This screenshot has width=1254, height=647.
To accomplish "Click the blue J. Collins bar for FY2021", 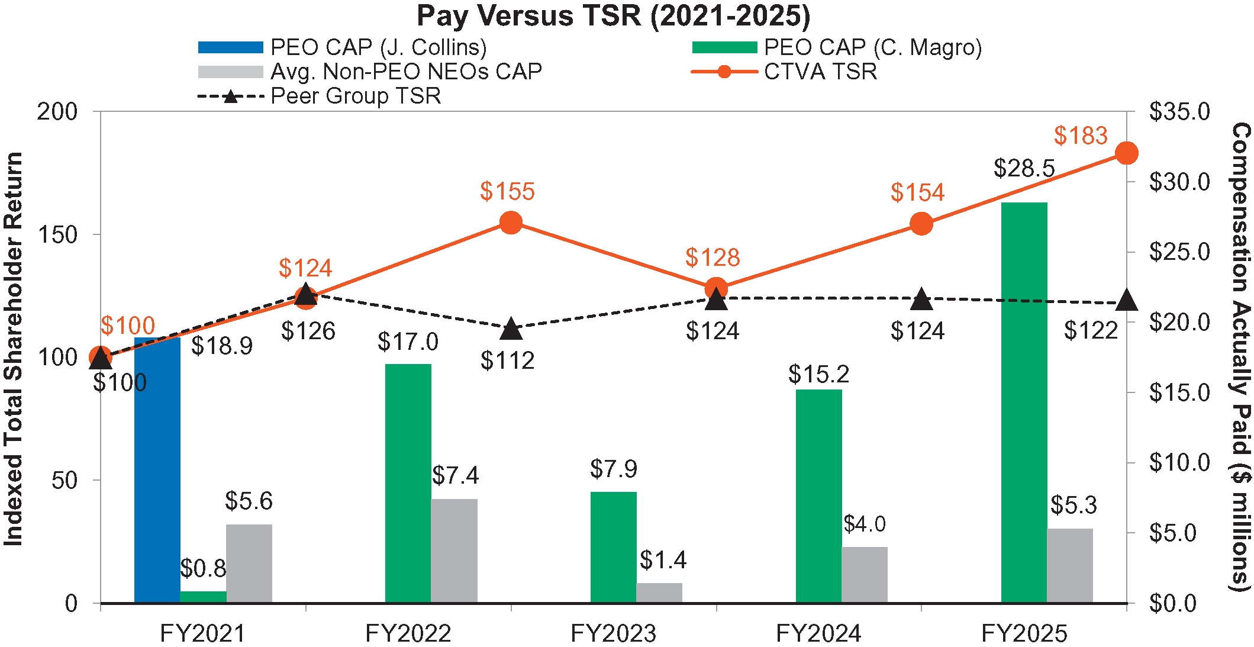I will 157,471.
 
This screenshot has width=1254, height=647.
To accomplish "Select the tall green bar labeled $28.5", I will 1024,403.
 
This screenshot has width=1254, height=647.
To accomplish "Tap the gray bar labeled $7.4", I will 454,551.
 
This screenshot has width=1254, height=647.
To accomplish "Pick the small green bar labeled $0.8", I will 203,597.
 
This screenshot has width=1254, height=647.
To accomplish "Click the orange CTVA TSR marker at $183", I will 1126,153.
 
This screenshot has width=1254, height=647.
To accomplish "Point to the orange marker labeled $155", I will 511,223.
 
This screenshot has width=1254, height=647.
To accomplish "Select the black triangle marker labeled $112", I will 511,329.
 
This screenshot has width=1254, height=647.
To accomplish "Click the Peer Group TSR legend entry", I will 320,96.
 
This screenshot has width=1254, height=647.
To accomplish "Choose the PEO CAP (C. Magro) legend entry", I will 837,47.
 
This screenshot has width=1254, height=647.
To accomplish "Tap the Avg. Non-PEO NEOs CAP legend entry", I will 370,72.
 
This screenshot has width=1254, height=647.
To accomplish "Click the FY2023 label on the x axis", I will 613,633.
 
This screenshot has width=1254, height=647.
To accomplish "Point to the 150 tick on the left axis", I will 57,234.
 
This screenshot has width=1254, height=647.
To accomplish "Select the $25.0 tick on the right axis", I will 1179,252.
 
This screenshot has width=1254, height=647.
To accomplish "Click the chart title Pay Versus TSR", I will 613,16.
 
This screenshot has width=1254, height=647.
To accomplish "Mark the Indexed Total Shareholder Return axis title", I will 13,349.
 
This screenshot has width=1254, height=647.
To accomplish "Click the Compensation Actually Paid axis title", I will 1241,355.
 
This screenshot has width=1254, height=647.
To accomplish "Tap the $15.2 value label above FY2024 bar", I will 818,374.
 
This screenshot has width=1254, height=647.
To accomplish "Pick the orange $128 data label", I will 713,258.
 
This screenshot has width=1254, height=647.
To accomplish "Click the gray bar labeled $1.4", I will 659,593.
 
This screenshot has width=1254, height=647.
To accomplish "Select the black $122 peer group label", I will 1091,330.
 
